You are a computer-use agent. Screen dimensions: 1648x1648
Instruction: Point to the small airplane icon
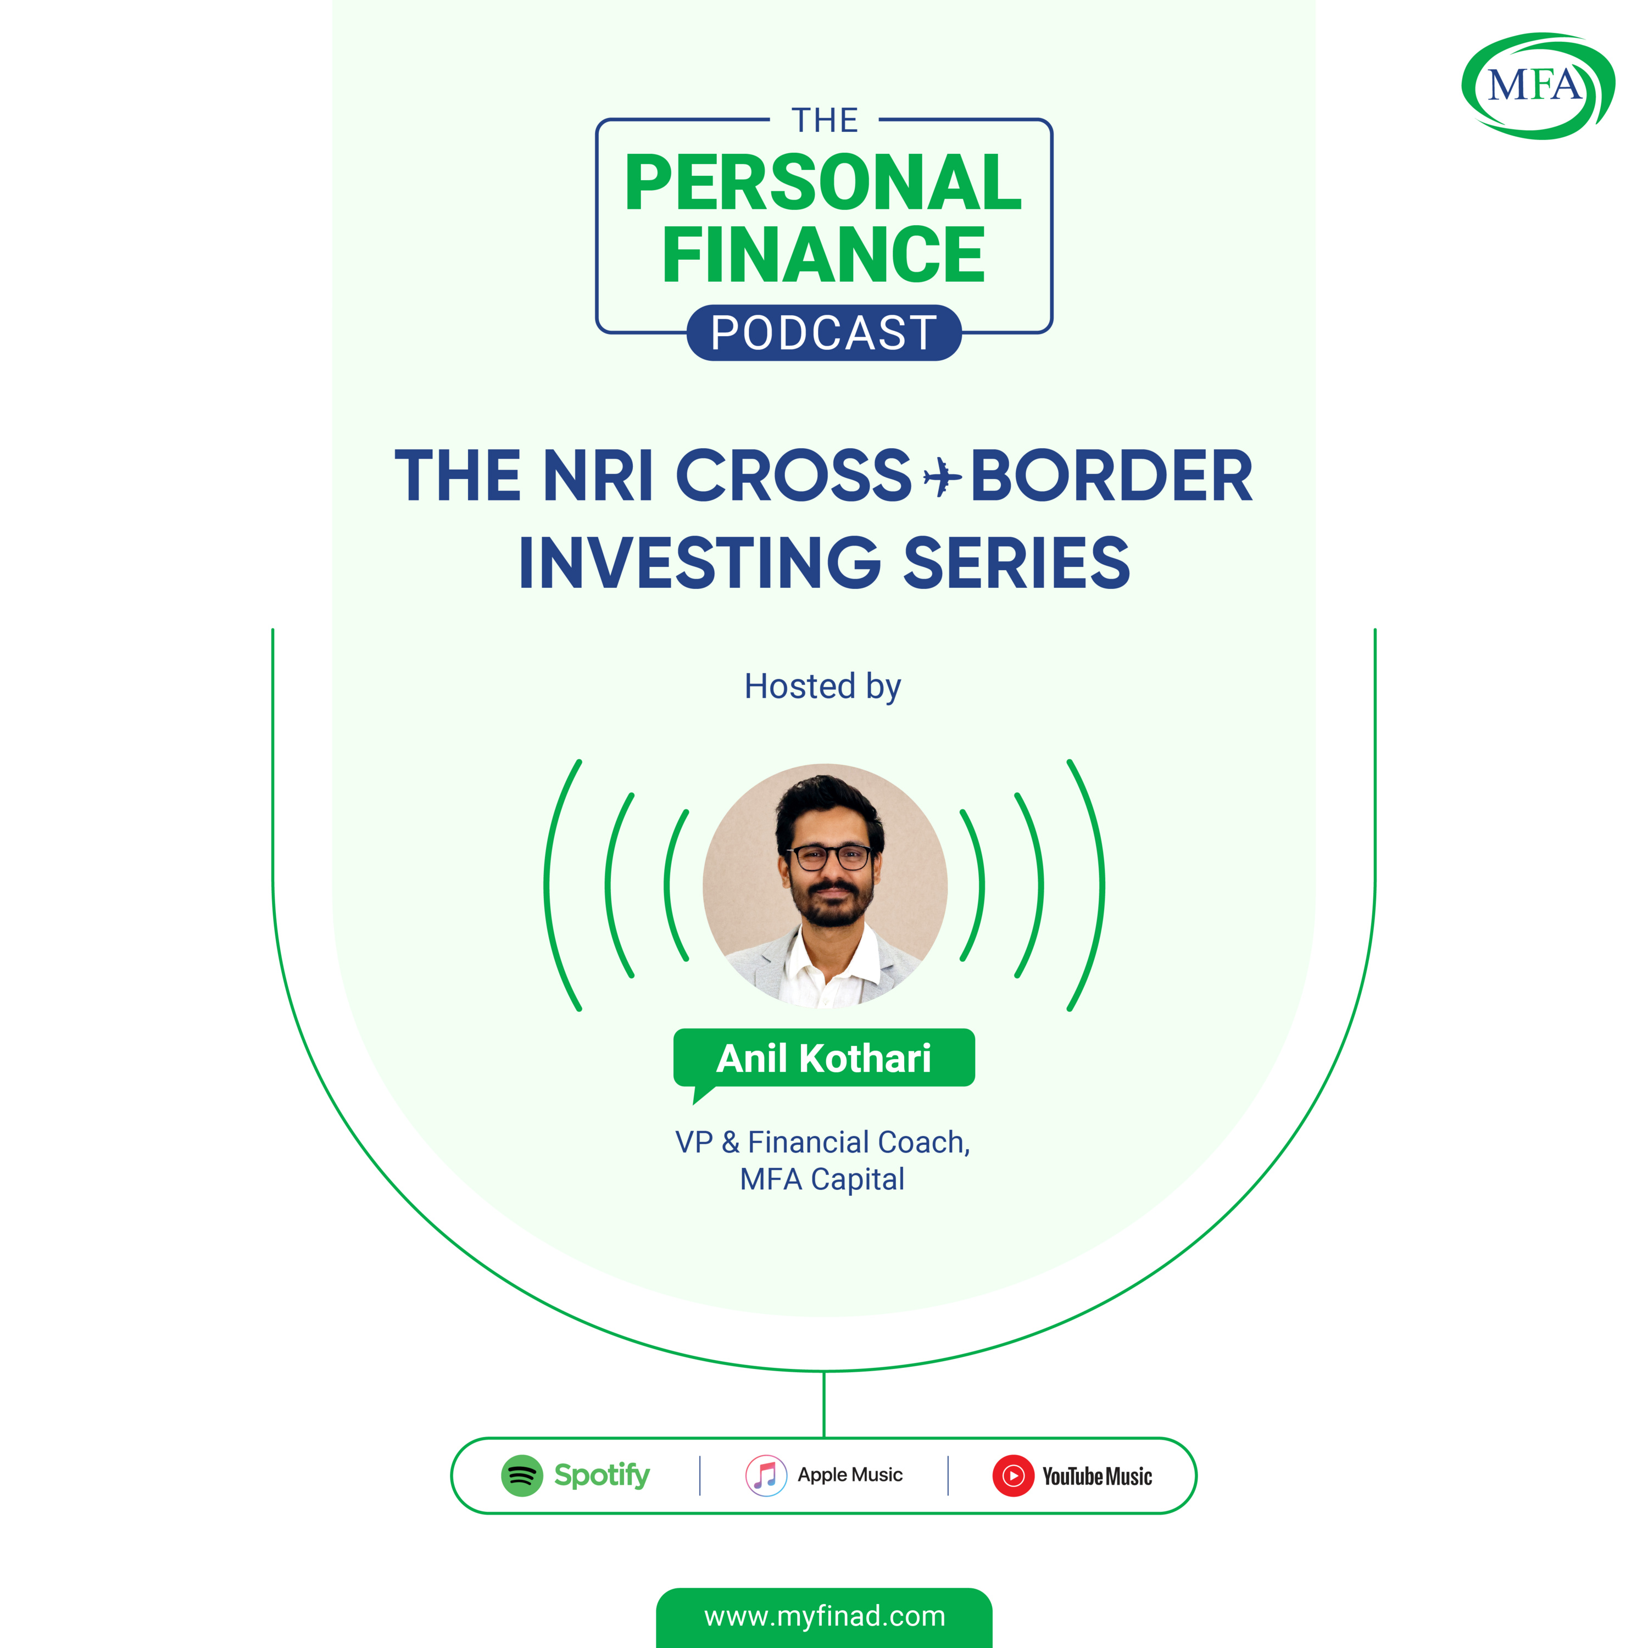(942, 476)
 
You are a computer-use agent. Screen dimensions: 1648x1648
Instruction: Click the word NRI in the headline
(598, 475)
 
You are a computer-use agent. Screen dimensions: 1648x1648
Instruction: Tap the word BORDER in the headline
(1111, 475)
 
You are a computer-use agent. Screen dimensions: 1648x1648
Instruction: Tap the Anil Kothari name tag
(824, 1059)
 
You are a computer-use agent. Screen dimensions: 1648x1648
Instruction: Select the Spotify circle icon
(522, 1476)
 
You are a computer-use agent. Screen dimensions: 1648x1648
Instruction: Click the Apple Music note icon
(766, 1476)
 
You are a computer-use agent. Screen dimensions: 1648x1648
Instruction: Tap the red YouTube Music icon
(1014, 1476)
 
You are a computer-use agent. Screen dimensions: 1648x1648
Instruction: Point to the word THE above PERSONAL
(824, 120)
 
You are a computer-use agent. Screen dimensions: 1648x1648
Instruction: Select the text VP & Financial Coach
(822, 1142)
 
